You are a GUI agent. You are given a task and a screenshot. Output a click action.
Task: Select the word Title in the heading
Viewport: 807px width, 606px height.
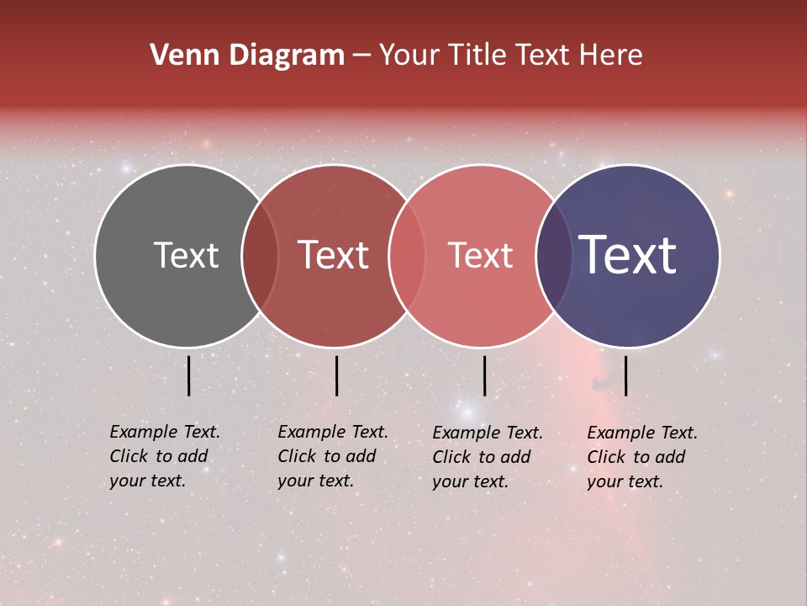point(476,56)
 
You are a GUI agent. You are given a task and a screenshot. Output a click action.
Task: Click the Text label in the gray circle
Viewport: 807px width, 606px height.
point(186,255)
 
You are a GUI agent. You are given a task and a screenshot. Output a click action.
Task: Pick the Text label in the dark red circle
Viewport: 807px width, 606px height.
point(333,255)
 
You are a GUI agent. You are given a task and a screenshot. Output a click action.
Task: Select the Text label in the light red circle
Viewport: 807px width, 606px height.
point(480,255)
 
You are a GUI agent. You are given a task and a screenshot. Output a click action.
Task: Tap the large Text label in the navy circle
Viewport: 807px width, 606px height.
point(627,255)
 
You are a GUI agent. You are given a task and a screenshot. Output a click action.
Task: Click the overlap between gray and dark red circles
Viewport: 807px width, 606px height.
point(260,255)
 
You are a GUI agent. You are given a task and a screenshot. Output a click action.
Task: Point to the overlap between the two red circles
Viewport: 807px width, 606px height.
point(408,255)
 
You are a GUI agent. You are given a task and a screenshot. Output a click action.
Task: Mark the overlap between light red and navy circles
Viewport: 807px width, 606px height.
point(553,255)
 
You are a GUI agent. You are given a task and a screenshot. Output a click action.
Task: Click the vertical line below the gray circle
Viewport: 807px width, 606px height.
point(188,375)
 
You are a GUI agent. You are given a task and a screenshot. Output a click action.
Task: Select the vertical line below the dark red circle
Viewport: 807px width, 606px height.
point(336,375)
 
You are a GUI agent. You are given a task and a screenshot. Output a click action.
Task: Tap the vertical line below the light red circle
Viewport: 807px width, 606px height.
point(484,375)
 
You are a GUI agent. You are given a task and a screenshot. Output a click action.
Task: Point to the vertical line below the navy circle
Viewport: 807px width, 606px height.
point(625,375)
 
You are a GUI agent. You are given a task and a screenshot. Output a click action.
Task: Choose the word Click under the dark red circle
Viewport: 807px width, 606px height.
point(296,456)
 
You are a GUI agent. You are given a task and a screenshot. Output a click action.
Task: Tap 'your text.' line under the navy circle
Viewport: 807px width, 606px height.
point(625,481)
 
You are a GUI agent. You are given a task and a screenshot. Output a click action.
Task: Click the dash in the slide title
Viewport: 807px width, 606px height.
point(361,56)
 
